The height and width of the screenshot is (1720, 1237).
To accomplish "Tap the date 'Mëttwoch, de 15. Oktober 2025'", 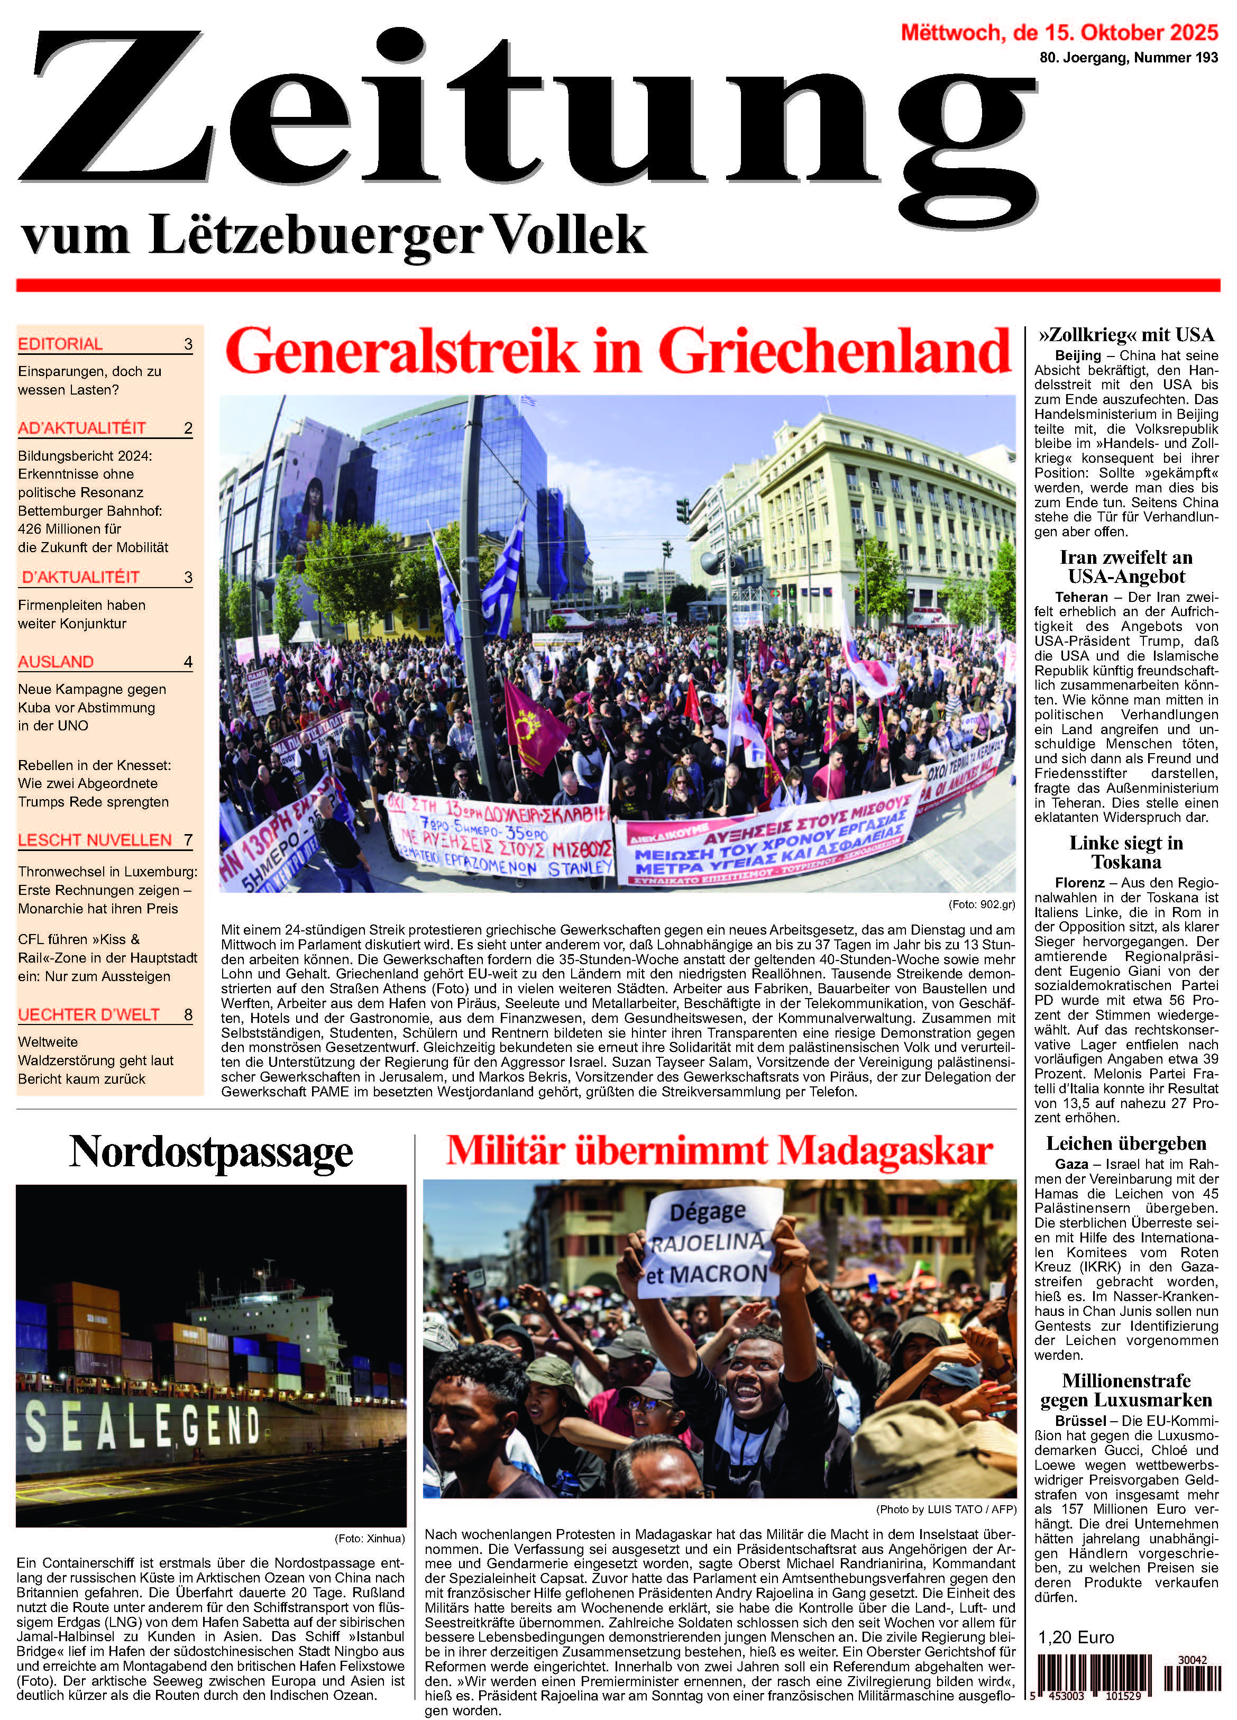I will [x=1059, y=33].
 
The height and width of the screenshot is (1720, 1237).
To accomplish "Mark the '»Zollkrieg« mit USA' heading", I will [x=1125, y=334].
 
